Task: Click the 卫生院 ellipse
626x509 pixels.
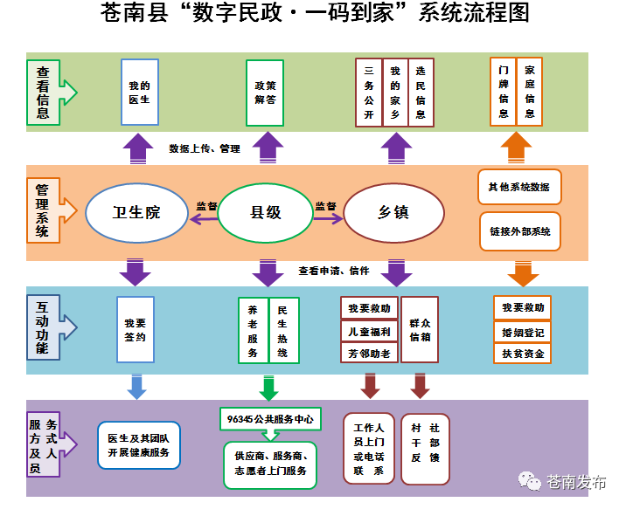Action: (136, 213)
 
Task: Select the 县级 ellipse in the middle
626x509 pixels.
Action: (266, 213)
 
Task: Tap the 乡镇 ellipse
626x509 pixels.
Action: (394, 213)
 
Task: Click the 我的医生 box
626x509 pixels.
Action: (140, 92)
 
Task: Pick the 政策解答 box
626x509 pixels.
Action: (265, 93)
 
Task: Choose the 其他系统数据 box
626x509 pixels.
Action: (519, 187)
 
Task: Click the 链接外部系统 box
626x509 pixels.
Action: (520, 231)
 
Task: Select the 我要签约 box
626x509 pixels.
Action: (136, 329)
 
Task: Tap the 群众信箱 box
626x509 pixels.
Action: (420, 330)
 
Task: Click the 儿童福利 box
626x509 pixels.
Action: (369, 331)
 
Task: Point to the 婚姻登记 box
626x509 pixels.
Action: (523, 333)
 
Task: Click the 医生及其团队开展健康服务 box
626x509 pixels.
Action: (139, 445)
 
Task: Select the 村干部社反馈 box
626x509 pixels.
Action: (425, 449)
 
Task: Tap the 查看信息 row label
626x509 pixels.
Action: (44, 93)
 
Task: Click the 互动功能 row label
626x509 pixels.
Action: (44, 327)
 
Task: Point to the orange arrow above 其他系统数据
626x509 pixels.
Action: (516, 148)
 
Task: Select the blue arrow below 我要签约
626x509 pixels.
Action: (136, 387)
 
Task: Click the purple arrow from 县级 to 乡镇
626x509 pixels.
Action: (328, 218)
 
